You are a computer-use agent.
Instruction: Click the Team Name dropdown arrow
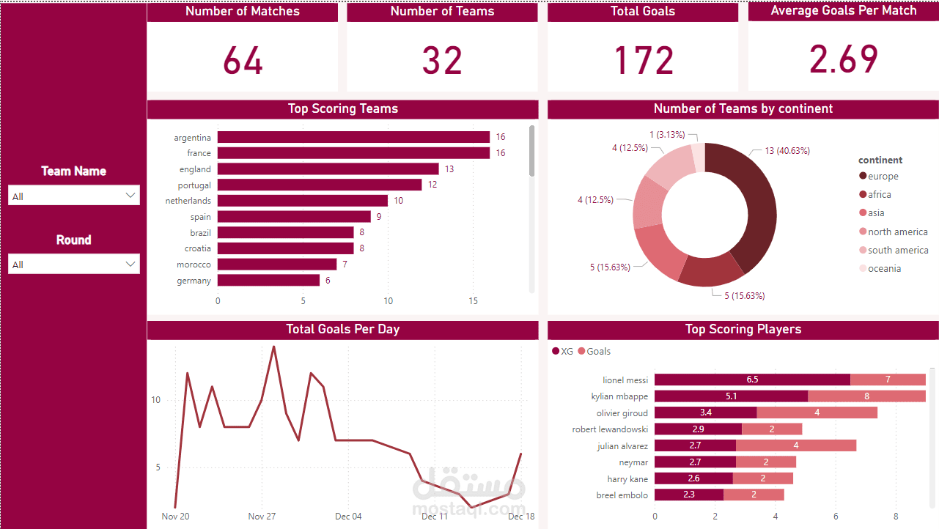click(x=130, y=196)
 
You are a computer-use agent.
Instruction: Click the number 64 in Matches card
click(x=243, y=60)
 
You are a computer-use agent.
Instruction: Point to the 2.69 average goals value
click(x=844, y=59)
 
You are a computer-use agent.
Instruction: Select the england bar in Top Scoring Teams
click(x=328, y=169)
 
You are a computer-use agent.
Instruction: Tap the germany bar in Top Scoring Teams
click(x=268, y=281)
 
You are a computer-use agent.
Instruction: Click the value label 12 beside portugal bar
click(x=432, y=185)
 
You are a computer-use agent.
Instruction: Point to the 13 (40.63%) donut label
click(x=787, y=151)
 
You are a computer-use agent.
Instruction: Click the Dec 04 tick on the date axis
click(x=347, y=517)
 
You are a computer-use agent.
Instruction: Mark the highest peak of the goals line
click(x=273, y=347)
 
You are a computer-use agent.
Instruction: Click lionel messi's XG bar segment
click(x=752, y=380)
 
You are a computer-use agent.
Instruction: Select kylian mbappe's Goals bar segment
click(x=866, y=396)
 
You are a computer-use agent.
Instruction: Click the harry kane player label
click(x=627, y=479)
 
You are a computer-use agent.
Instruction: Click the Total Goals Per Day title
click(x=342, y=330)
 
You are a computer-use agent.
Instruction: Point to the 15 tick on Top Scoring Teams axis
click(x=473, y=301)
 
